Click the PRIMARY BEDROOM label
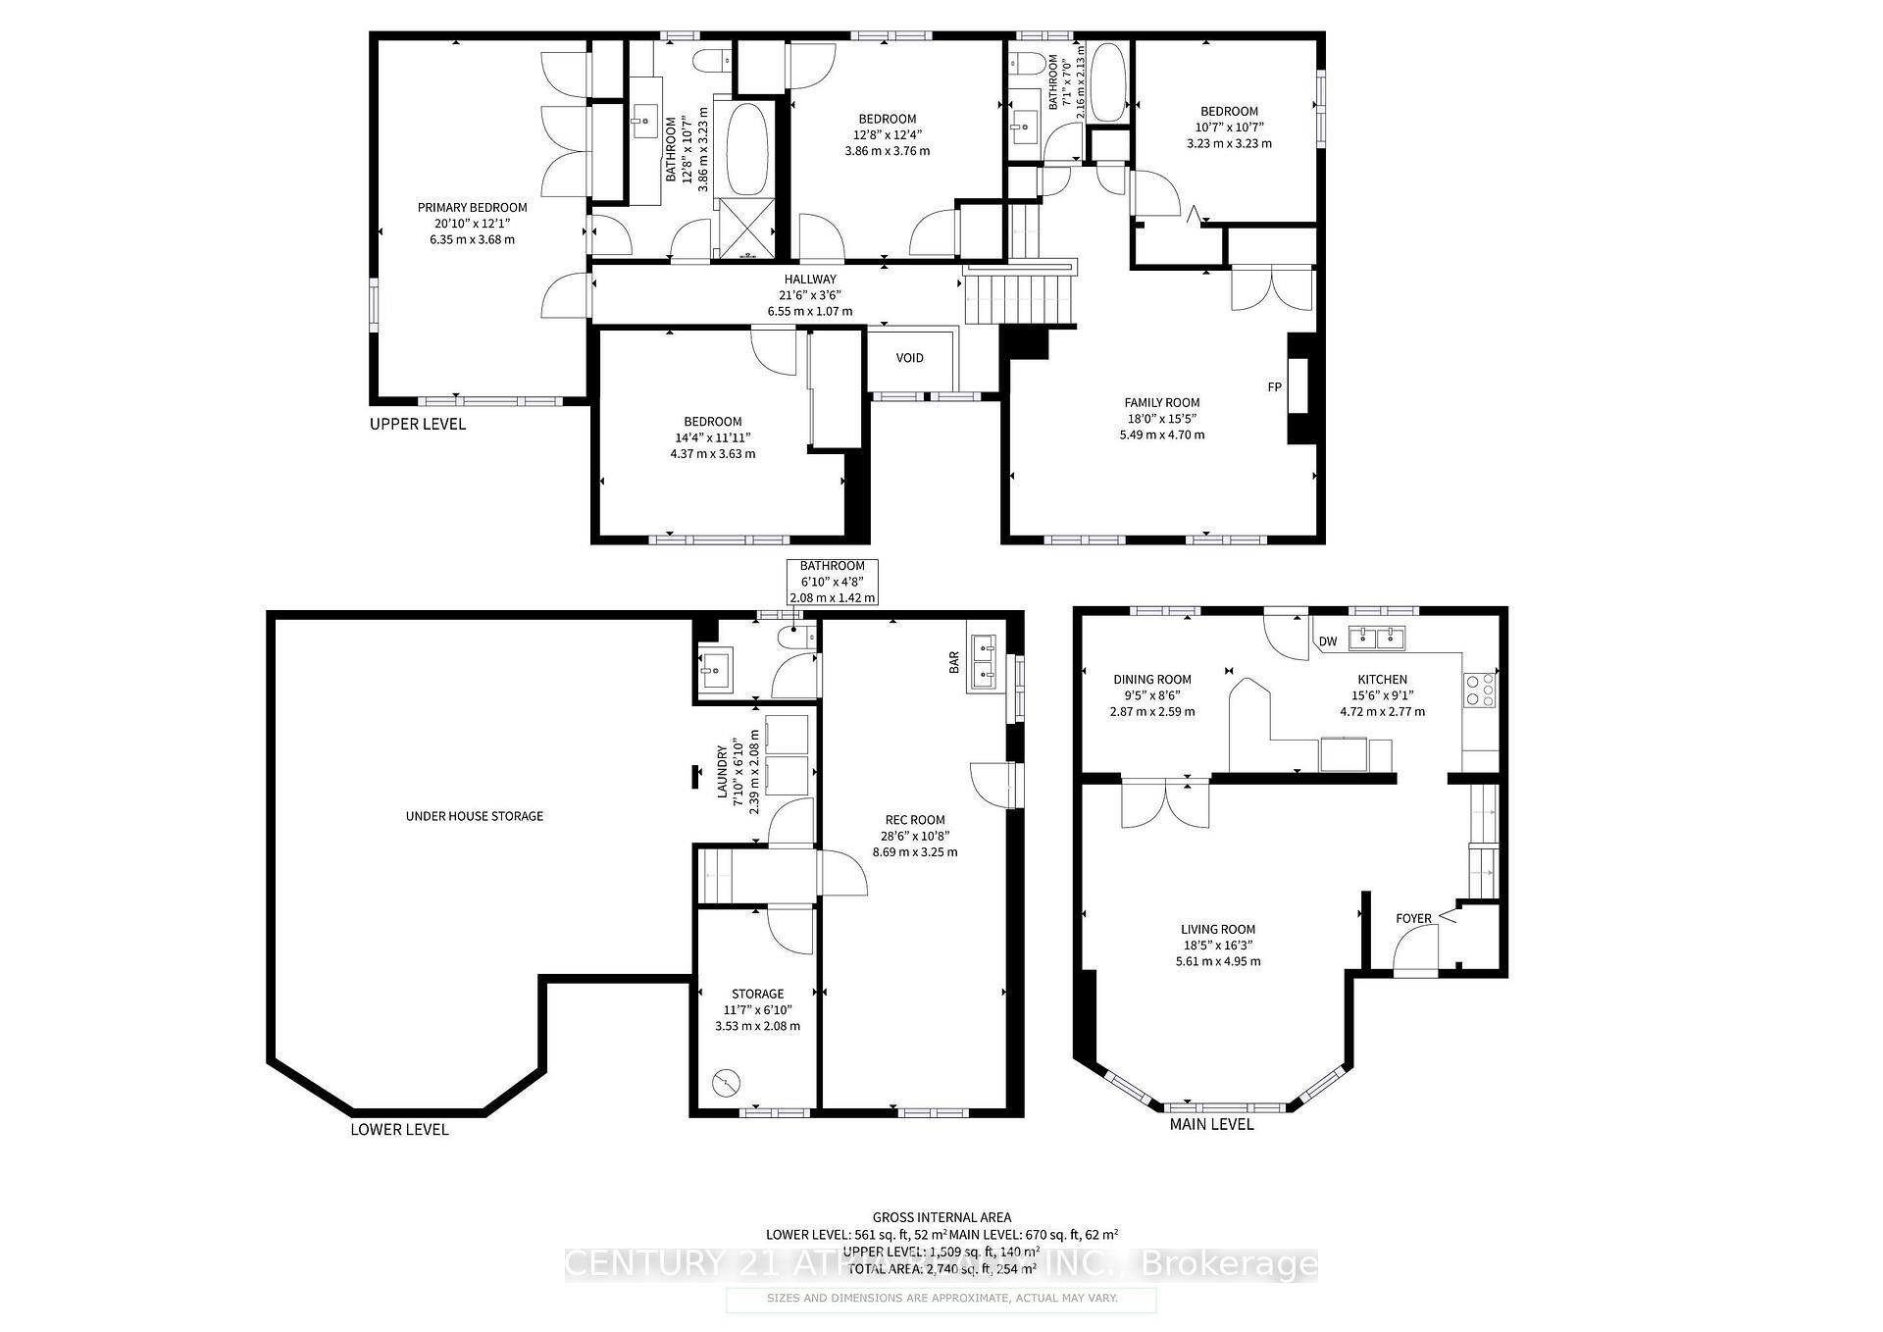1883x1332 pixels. coord(472,207)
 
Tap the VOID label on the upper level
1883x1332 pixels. coord(909,357)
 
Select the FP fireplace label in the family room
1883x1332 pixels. coord(1274,387)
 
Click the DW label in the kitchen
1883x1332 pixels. coord(1327,641)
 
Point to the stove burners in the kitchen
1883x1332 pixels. coord(1479,690)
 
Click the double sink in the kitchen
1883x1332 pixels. coord(1377,639)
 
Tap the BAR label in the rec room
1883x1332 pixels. coord(954,664)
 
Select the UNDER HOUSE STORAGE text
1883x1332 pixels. coord(474,816)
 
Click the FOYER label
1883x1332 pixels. coord(1413,919)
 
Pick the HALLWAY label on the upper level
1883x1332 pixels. coord(809,280)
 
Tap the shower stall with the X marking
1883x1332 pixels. coord(746,227)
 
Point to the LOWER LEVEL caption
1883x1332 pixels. coord(399,1129)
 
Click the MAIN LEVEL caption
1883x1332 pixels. coord(1211,1124)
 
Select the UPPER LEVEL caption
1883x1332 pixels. coord(417,424)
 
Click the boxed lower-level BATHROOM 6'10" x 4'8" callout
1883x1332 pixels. coord(832,582)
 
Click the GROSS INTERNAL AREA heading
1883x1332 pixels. coord(941,1217)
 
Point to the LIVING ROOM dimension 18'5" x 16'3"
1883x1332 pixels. coord(1217,946)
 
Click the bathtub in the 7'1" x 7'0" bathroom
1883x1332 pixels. coord(1108,81)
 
